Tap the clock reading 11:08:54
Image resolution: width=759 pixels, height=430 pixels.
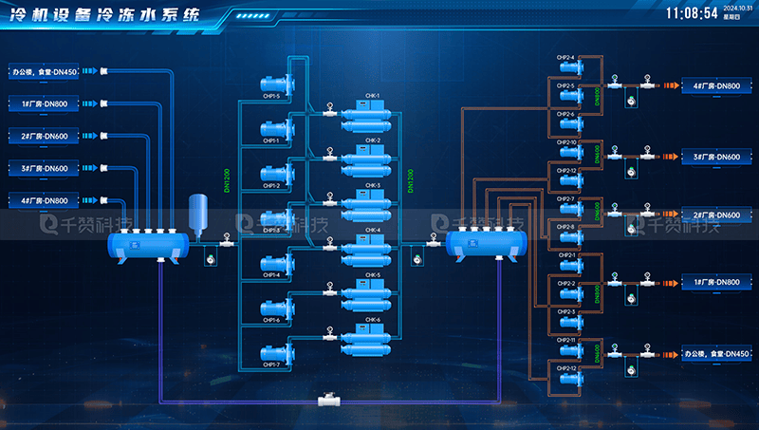[692, 13]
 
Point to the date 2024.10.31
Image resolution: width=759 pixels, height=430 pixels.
[736, 9]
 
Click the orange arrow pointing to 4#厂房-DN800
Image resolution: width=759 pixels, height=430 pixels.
[671, 86]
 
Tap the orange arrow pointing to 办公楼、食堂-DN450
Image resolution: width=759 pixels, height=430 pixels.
[671, 354]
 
